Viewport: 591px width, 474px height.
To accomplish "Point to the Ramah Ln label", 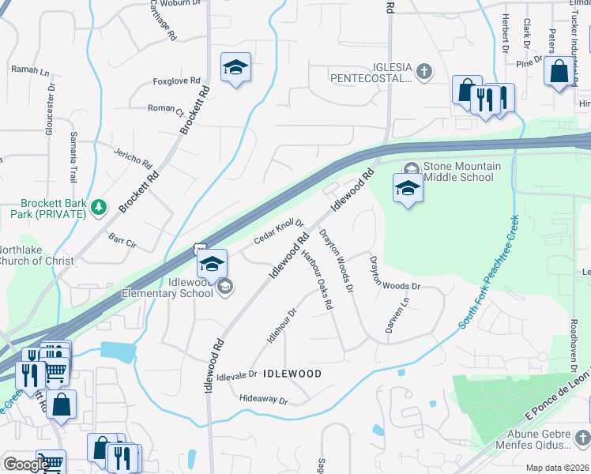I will pos(30,70).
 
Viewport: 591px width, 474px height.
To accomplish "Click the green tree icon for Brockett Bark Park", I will pos(98,208).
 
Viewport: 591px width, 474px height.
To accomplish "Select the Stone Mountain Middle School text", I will pos(462,171).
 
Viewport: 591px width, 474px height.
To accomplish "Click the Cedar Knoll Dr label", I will pos(278,231).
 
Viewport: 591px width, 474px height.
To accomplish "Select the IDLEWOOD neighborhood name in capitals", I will pos(292,374).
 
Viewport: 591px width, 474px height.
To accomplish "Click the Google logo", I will pos(26,465).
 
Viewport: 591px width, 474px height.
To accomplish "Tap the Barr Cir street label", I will pos(122,241).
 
